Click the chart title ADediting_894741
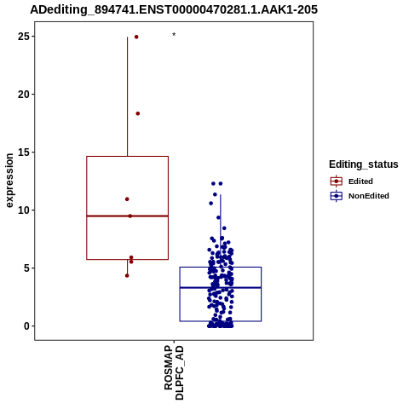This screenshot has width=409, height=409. point(174,10)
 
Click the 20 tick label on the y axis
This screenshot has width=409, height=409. point(24,95)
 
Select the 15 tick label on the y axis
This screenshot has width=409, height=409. point(24,153)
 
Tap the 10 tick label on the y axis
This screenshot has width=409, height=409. point(24,210)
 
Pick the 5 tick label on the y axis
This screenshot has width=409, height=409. point(26,268)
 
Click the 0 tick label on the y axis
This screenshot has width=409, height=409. point(26,326)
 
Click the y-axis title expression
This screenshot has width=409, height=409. point(9,181)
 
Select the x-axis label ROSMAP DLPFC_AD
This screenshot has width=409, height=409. point(174,372)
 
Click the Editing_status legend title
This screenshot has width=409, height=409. point(364,164)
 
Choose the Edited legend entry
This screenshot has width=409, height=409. point(351,181)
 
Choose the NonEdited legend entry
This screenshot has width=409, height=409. point(360,196)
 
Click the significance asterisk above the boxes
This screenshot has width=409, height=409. point(174,35)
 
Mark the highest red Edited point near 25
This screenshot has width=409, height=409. point(136,37)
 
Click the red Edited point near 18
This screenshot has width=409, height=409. point(138,113)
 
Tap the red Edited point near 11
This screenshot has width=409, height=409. point(127,199)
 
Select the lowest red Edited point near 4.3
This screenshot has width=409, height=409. point(127,275)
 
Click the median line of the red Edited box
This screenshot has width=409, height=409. point(127,216)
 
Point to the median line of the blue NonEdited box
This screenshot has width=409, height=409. point(221,288)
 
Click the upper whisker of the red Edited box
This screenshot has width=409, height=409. point(127,96)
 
